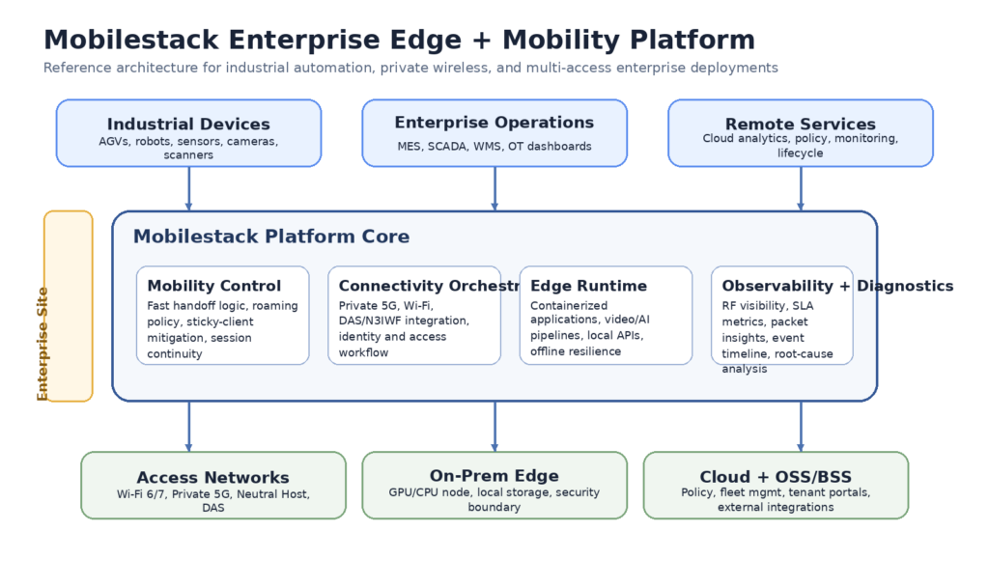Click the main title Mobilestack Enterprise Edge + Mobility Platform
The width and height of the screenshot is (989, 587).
click(399, 41)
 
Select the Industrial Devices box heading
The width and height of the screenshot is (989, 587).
click(188, 125)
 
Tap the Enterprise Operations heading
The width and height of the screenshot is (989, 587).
click(494, 123)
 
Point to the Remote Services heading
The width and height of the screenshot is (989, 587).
click(800, 125)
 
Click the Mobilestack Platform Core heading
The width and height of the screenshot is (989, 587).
click(270, 237)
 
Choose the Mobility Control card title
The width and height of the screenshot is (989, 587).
click(214, 286)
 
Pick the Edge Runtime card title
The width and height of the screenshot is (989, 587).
click(588, 286)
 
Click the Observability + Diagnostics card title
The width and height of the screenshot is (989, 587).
click(836, 286)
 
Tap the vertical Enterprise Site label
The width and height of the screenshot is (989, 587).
click(42, 344)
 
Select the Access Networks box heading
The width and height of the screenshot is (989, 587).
click(212, 478)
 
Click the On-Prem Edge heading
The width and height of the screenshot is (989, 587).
click(494, 476)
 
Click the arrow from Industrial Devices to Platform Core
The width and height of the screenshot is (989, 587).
click(188, 188)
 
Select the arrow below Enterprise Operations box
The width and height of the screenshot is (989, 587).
click(494, 188)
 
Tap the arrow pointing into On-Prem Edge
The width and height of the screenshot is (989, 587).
click(494, 426)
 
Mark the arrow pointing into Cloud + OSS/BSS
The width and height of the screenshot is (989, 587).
click(800, 426)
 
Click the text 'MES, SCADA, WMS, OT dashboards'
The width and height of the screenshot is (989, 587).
click(494, 147)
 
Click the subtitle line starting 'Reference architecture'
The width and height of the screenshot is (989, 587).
click(410, 69)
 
